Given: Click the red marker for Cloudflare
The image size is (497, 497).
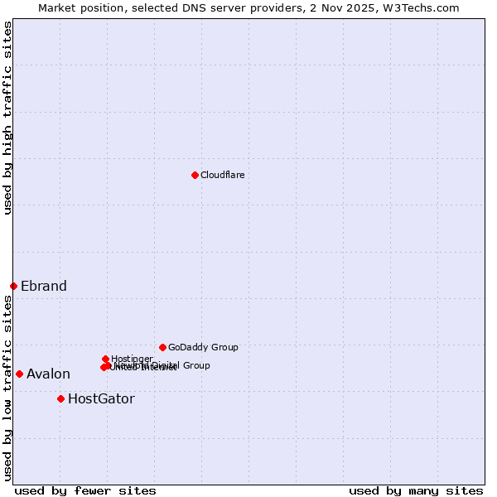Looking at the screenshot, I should click(195, 175).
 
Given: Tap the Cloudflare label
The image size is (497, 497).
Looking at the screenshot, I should click(223, 175).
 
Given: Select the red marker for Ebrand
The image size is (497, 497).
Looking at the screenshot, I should click(13, 286).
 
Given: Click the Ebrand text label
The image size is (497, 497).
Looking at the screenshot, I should click(44, 287).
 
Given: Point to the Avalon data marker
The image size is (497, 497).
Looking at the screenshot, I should click(19, 374).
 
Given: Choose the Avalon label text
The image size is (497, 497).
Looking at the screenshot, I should click(48, 374).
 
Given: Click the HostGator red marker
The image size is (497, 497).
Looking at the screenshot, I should click(60, 398).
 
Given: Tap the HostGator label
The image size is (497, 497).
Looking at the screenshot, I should click(101, 399).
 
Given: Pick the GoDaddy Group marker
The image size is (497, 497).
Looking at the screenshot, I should click(162, 347).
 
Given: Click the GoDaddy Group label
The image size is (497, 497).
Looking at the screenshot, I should click(203, 348).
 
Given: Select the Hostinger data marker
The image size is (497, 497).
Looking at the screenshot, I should click(105, 359).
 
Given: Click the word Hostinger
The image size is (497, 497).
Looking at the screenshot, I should click(133, 359).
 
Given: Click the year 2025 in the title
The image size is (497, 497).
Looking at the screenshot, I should click(374, 7).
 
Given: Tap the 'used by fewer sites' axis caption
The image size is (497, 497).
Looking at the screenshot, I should click(85, 490).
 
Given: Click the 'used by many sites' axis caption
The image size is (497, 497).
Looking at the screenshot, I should click(416, 490).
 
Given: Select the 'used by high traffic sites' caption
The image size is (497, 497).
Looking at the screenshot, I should click(8, 118).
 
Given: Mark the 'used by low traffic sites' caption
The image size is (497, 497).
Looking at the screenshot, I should click(8, 388).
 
